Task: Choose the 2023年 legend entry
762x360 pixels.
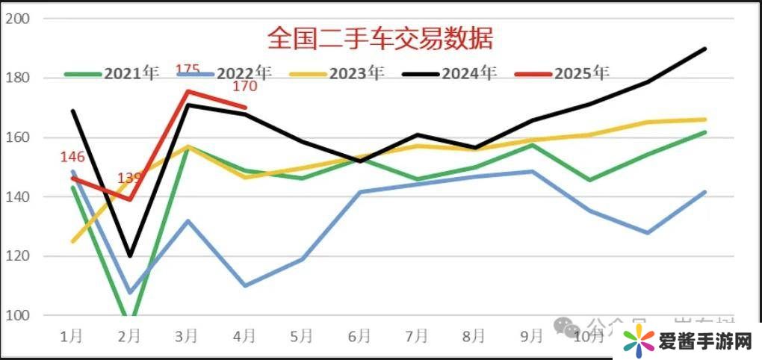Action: (356, 73)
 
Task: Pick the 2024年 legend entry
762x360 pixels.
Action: (468, 73)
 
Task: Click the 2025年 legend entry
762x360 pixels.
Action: (580, 73)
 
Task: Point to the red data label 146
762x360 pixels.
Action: (72, 157)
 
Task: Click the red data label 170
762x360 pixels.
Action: (244, 87)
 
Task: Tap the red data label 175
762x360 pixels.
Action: (188, 71)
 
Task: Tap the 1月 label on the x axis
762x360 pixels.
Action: (72, 336)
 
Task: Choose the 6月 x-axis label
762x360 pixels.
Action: (359, 336)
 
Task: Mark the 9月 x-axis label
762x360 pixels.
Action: (531, 336)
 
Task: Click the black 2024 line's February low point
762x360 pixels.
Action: (130, 256)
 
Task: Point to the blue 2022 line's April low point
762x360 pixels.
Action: (245, 285)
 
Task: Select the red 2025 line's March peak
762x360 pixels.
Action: (188, 91)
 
